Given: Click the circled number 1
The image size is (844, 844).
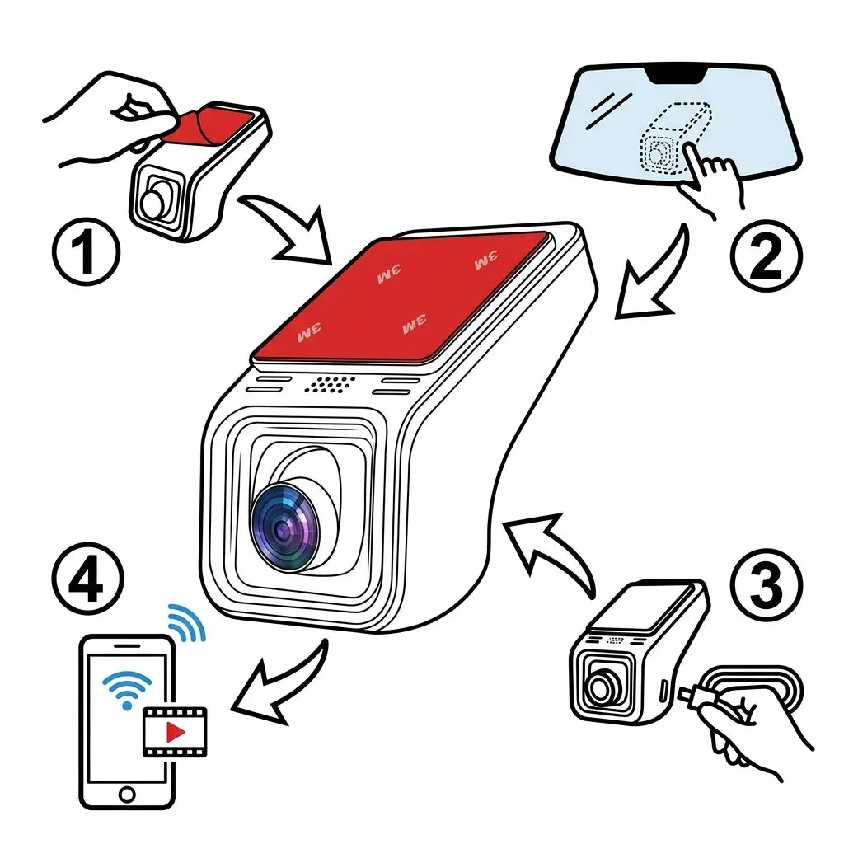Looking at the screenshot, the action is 86,251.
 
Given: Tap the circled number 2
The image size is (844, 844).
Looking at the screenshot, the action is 766,258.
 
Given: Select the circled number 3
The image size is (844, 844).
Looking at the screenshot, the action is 766,584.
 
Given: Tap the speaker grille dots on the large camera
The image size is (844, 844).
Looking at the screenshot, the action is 330,384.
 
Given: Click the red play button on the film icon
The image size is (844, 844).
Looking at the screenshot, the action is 176,732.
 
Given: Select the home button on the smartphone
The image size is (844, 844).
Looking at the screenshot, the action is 127,794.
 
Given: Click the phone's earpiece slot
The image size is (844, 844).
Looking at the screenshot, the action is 127,645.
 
